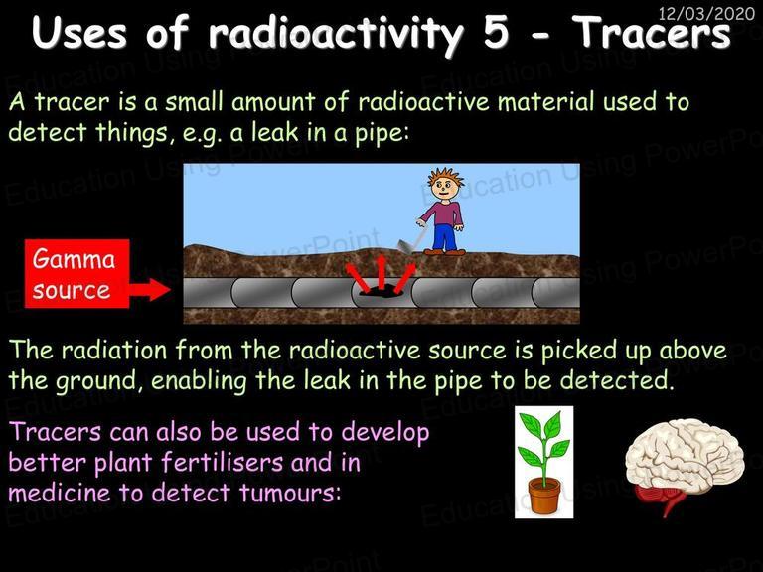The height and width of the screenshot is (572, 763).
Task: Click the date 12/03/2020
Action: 706,13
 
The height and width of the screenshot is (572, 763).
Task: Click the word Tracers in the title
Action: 652,32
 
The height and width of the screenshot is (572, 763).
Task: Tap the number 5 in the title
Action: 497,33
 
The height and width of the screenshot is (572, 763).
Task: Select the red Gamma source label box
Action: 77,273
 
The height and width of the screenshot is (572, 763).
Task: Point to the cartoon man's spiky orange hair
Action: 445,176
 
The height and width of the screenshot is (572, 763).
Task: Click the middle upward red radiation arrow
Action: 381,270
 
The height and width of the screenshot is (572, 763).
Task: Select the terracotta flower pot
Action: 544,496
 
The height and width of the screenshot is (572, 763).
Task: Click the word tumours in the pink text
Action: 289,493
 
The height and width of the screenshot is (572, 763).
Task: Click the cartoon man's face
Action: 445,187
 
